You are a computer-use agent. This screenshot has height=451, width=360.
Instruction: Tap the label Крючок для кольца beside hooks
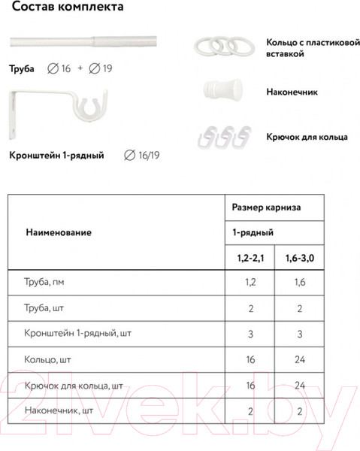tap(306, 138)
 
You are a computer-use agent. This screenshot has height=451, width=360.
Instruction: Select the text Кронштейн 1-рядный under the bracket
tap(56, 156)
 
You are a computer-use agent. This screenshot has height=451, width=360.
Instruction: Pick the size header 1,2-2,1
tap(249, 259)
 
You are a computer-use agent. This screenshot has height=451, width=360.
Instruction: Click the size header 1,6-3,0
tap(299, 259)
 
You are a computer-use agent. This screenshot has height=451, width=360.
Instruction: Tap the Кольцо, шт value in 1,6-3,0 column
tap(299, 360)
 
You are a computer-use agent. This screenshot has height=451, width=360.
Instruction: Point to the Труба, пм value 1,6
tap(299, 283)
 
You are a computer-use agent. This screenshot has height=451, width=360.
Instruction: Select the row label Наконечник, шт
tap(59, 411)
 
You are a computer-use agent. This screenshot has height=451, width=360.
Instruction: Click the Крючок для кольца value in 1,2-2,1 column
tap(249, 386)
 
